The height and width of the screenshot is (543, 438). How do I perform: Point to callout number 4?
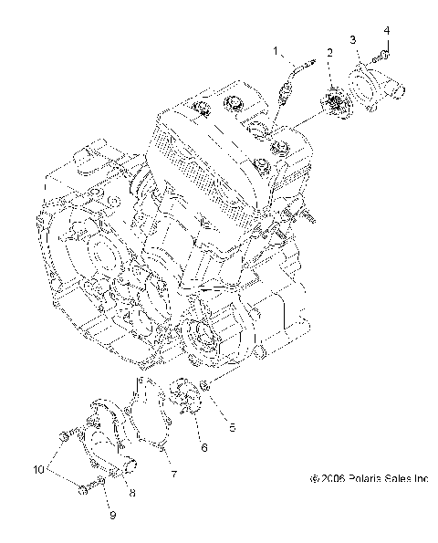click(386, 30)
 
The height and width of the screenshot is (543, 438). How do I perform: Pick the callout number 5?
click(233, 425)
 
